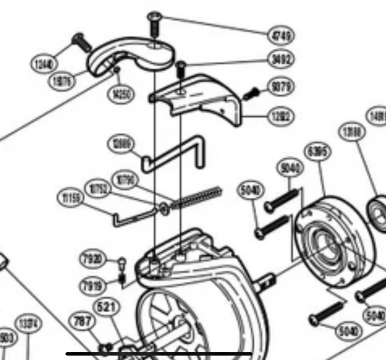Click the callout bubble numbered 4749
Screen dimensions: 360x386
(281, 35)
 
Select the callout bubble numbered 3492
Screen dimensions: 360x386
(281, 60)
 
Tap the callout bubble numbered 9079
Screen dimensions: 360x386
(281, 87)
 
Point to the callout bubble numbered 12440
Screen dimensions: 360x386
(45, 63)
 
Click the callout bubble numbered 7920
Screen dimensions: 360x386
(93, 260)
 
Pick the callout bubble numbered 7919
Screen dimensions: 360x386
(93, 285)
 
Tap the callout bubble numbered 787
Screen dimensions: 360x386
(83, 321)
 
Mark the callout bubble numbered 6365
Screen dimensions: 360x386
(318, 152)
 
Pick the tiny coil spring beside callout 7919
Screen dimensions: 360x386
(122, 278)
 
